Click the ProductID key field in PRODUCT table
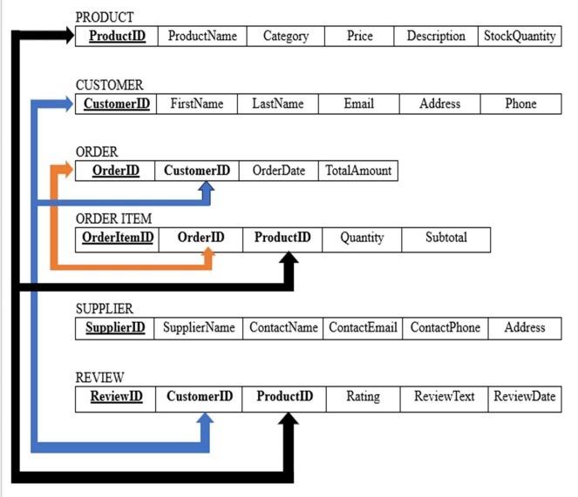click(x=116, y=37)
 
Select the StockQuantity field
click(x=520, y=37)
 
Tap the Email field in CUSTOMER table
click(x=358, y=104)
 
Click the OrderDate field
click(x=278, y=171)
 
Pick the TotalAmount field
click(x=358, y=171)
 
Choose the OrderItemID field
click(x=117, y=238)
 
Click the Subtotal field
click(x=445, y=238)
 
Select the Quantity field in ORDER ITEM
click(x=362, y=238)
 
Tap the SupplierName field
click(x=199, y=328)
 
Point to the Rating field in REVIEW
click(x=363, y=397)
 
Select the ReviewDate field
click(x=524, y=397)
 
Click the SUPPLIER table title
click(x=105, y=309)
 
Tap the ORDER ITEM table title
click(x=113, y=218)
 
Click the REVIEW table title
click(x=99, y=378)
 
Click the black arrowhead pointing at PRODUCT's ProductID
click(x=69, y=36)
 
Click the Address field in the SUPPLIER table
click(x=524, y=328)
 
